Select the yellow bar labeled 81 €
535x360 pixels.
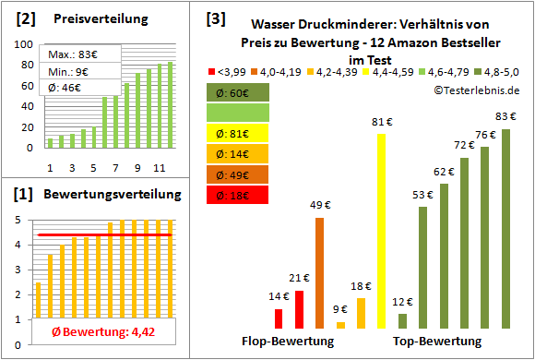[381, 231]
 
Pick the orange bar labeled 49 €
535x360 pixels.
[319, 272]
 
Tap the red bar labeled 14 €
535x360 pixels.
[279, 318]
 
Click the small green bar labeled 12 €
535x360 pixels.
[403, 321]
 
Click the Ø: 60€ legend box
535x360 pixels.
[238, 92]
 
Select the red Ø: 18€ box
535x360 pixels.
[238, 195]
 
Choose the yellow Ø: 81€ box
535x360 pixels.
[238, 134]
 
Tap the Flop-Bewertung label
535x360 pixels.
[288, 342]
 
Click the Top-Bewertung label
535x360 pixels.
[437, 342]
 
